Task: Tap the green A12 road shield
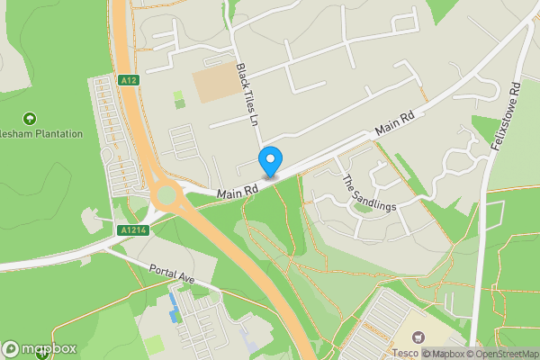click(129, 81)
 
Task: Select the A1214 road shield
click(131, 230)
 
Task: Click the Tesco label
click(403, 353)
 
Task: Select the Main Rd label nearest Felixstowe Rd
click(395, 123)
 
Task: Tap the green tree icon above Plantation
click(30, 118)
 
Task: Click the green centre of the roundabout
click(165, 194)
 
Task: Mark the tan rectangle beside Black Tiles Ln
click(212, 84)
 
